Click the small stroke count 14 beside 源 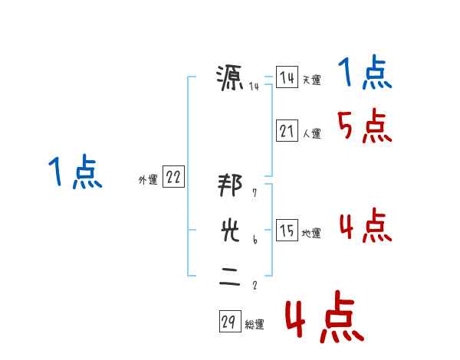pyautogui.click(x=254, y=86)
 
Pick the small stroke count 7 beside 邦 pyautogui.click(x=255, y=194)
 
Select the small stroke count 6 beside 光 pyautogui.click(x=255, y=240)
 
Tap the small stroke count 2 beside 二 pyautogui.click(x=255, y=286)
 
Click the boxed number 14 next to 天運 pyautogui.click(x=287, y=77)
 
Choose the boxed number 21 pyautogui.click(x=287, y=131)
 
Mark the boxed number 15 pyautogui.click(x=287, y=231)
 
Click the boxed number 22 pyautogui.click(x=173, y=178)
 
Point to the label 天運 pyautogui.click(x=311, y=80)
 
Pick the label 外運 pyautogui.click(x=148, y=180)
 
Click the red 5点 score pyautogui.click(x=364, y=126)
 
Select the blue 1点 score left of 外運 pyautogui.click(x=75, y=172)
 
